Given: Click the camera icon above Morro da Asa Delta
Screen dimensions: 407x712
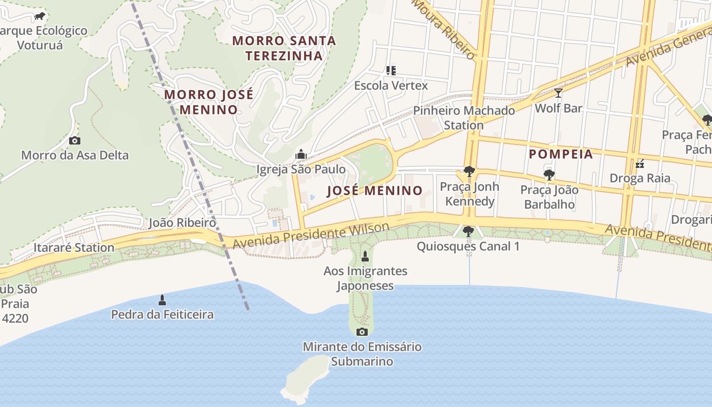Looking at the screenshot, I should tap(75, 140).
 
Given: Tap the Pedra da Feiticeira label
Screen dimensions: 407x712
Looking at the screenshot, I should tap(162, 314).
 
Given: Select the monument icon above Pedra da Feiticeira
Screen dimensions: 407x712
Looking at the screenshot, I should tap(162, 300).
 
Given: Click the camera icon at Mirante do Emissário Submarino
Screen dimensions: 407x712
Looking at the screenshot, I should tap(362, 332).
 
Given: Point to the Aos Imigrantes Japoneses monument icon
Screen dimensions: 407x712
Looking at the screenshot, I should tap(365, 255).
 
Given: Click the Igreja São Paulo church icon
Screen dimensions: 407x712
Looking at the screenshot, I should tap(301, 154).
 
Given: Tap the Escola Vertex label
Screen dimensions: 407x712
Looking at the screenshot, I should tap(391, 85).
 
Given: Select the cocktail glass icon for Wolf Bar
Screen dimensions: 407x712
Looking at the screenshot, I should tap(558, 93).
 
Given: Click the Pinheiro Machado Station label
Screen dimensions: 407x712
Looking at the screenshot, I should tap(463, 118).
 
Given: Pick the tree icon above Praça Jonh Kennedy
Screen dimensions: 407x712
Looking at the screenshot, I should tap(469, 171).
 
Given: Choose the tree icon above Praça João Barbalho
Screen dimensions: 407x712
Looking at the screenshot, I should tap(549, 175).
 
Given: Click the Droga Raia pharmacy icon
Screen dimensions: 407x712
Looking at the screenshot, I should tap(640, 163).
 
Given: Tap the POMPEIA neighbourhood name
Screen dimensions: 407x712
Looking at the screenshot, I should tap(561, 154).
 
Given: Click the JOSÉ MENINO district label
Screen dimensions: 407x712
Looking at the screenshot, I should tap(375, 191).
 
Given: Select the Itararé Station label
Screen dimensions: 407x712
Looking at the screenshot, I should tap(74, 248).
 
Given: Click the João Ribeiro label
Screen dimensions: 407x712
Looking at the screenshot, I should tap(182, 223).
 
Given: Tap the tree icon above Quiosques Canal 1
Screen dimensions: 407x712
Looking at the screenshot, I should tap(468, 231).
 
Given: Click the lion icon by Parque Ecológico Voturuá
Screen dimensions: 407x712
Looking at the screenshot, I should tap(40, 16).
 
